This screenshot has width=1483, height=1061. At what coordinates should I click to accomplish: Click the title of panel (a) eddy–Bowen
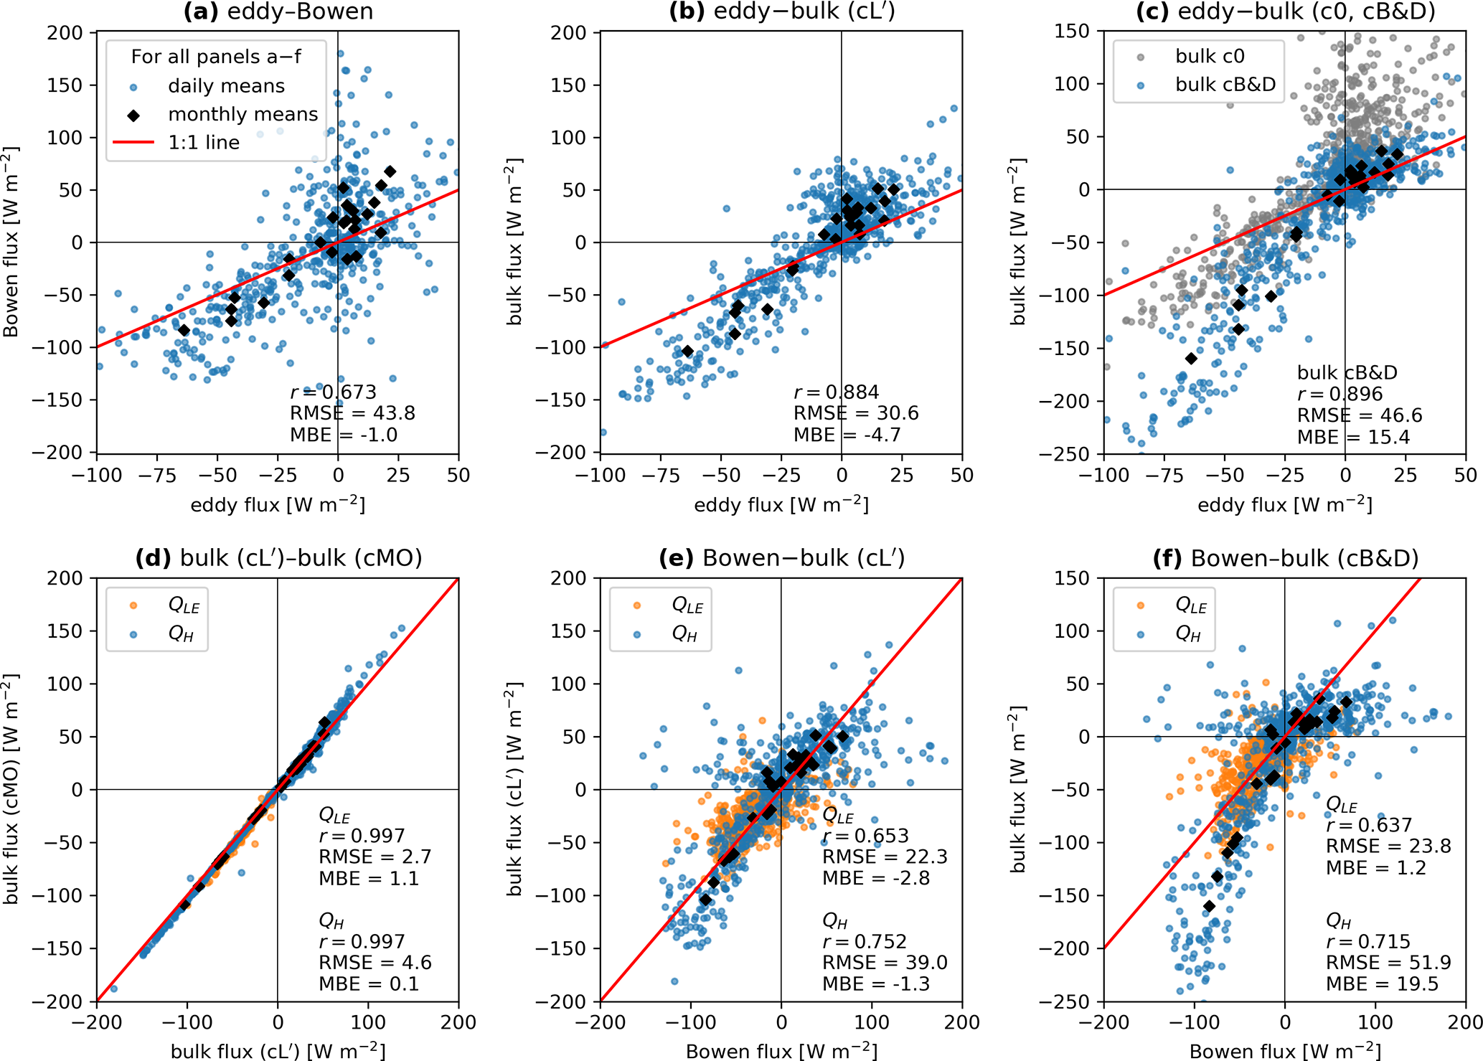pos(278,12)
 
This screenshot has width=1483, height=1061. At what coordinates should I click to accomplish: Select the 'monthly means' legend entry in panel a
pos(243,114)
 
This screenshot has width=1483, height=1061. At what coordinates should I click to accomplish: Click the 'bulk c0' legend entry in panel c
pos(1210,56)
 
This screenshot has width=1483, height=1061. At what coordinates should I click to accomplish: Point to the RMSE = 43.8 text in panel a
pos(352,413)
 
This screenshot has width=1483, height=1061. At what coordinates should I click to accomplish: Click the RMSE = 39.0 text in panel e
pos(885,963)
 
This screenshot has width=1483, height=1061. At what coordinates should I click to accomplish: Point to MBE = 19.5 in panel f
pos(1382,984)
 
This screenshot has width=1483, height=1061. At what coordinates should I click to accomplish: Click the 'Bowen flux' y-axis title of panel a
pos(11,242)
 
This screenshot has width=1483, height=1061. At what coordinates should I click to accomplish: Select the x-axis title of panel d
pos(278,1051)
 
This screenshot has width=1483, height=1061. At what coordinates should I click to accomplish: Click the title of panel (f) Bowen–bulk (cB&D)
pos(1285,558)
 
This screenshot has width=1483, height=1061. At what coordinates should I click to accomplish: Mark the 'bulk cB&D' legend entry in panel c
pos(1225,85)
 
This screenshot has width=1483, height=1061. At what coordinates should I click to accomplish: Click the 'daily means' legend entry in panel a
pos(226,86)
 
